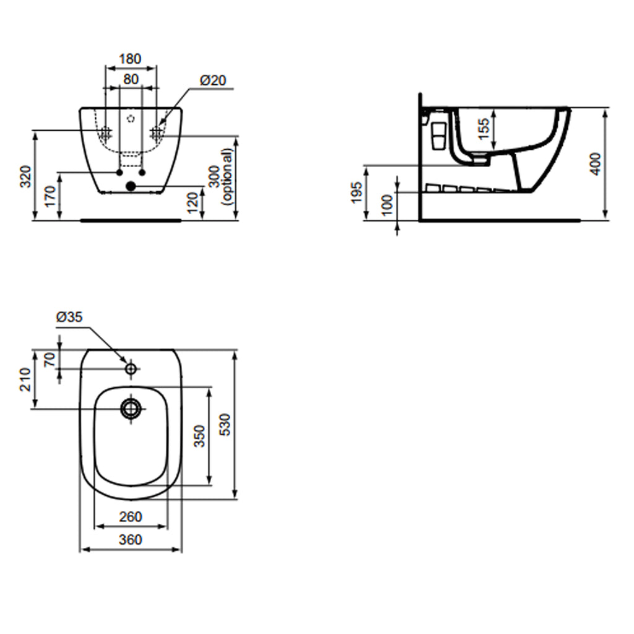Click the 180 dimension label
(130, 59)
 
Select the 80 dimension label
(130, 79)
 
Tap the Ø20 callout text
(213, 80)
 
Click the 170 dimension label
(51, 196)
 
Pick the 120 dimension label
(193, 202)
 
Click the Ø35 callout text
(69, 317)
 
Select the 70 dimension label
(50, 359)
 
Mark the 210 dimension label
(25, 379)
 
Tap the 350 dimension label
(199, 436)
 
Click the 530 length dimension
(225, 424)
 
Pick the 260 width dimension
(130, 516)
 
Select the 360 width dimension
(130, 540)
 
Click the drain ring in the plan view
(131, 408)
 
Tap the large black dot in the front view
(130, 186)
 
